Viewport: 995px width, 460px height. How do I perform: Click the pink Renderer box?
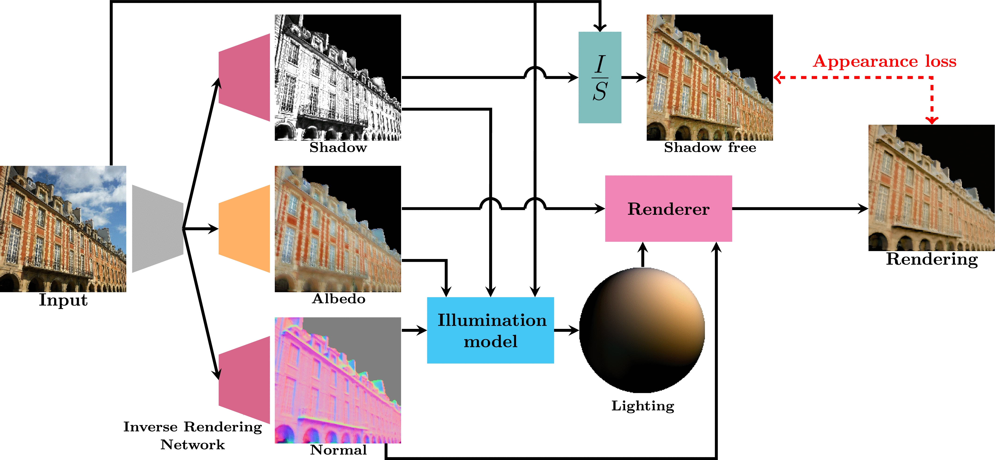pos(668,209)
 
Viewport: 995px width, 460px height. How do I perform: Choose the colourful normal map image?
pos(338,380)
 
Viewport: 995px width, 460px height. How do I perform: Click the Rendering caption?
pos(932,259)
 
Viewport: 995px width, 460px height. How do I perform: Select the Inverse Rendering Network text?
pos(192,435)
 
